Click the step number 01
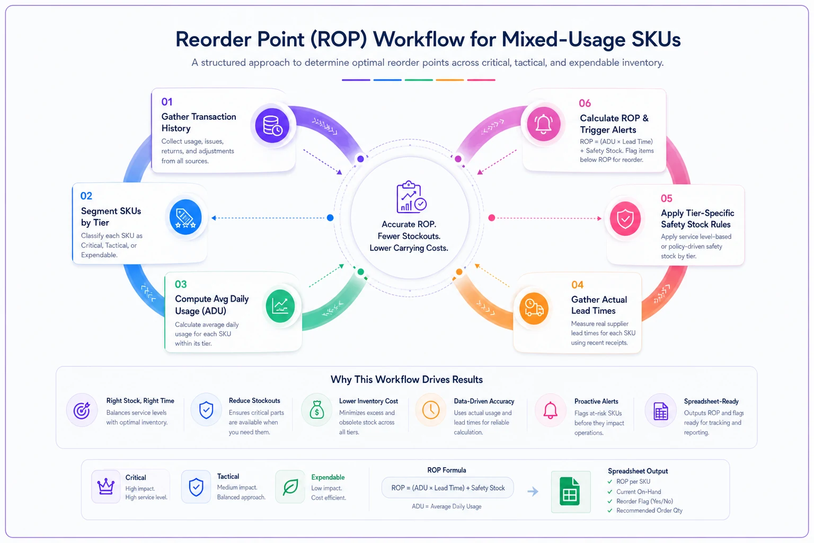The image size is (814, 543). (x=167, y=102)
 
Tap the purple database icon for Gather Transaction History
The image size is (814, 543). (x=272, y=126)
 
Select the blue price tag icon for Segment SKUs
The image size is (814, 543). (x=185, y=217)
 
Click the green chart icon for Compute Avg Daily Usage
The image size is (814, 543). (x=280, y=306)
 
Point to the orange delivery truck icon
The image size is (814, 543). (x=534, y=309)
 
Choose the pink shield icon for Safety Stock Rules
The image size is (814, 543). (x=625, y=218)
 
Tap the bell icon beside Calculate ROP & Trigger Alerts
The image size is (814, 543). (x=544, y=124)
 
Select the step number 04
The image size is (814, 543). (x=577, y=285)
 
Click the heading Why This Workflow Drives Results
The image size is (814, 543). (x=406, y=380)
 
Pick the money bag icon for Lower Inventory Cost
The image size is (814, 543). (x=317, y=410)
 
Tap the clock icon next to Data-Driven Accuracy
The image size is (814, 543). (x=431, y=410)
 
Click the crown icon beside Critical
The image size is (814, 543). (x=106, y=486)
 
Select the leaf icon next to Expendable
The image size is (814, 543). (x=290, y=487)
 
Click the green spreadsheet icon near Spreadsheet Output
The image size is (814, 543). (x=570, y=492)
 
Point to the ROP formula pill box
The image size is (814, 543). (x=448, y=488)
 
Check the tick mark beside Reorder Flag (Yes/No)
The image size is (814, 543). (x=610, y=501)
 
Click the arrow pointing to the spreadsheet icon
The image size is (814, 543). (x=533, y=492)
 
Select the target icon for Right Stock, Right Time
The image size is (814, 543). (x=82, y=410)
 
